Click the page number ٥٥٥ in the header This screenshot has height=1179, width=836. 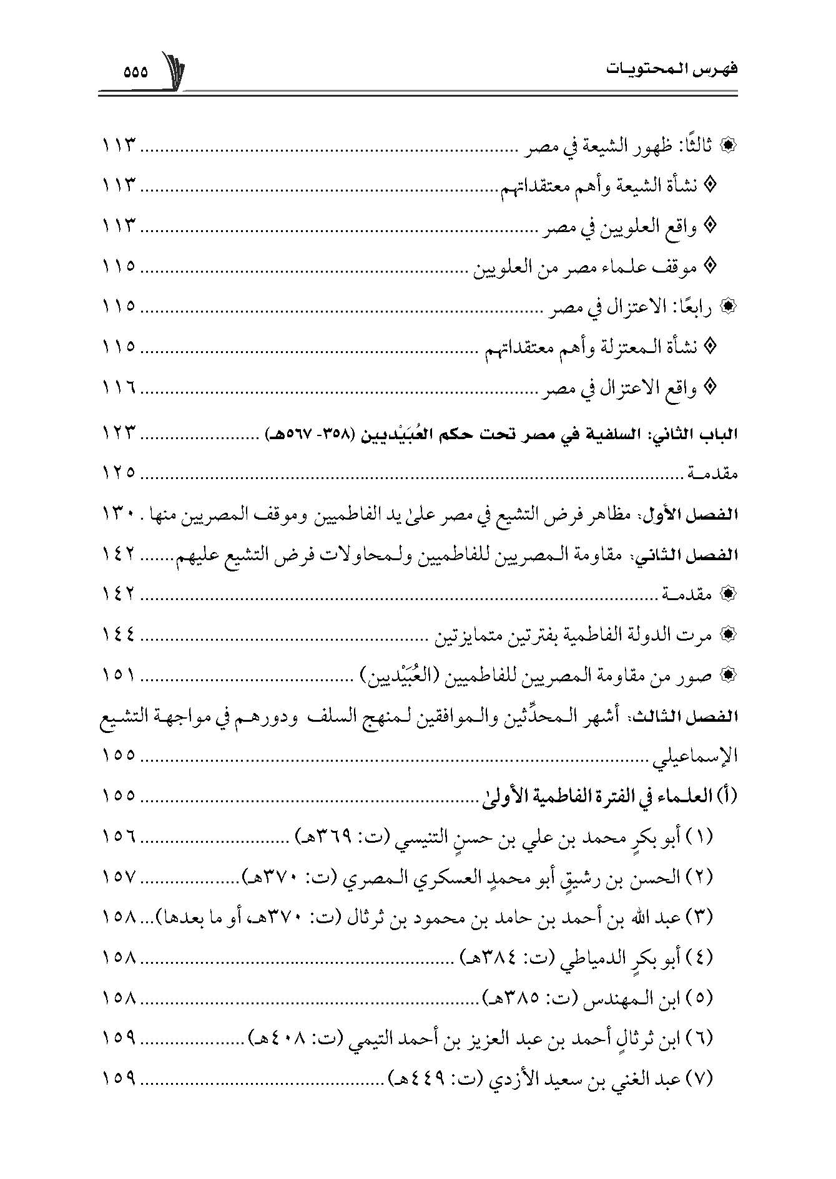coord(135,72)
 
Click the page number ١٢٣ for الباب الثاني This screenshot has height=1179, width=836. coord(119,432)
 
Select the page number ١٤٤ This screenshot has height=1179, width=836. coord(119,636)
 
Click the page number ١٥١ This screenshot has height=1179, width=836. coord(119,676)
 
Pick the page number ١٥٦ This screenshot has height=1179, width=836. coord(119,836)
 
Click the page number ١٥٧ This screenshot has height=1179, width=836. coord(119,876)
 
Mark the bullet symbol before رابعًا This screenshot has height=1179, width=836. coord(728,307)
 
